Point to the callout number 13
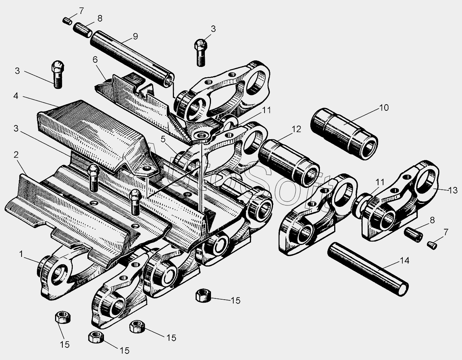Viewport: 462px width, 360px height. click(x=453, y=190)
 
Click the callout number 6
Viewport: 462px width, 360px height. click(x=95, y=60)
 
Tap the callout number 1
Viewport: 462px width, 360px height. click(x=22, y=254)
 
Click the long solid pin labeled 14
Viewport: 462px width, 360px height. click(x=367, y=269)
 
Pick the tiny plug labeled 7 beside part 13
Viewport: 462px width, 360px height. click(x=432, y=243)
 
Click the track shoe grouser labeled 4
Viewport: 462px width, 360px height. click(x=92, y=131)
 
